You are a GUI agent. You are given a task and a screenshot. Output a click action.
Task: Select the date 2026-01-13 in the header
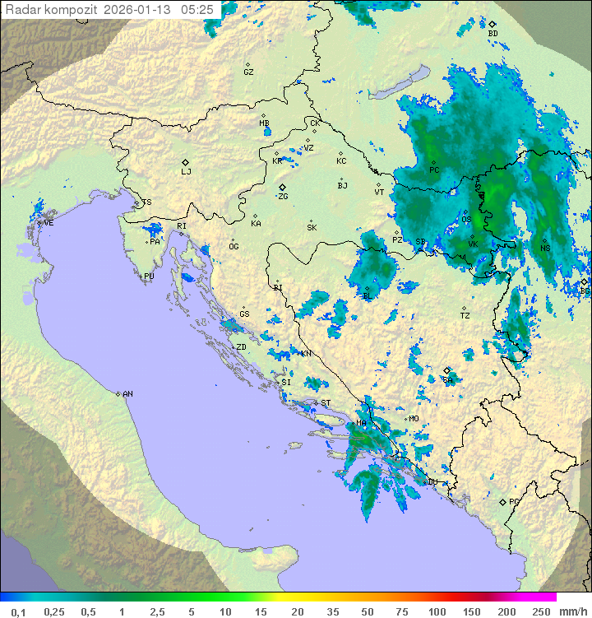[x=141, y=10]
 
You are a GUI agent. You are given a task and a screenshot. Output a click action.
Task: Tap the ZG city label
[x=283, y=197]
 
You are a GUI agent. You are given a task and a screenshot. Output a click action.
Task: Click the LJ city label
[x=186, y=172]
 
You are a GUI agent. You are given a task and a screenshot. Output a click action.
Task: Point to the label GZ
[x=248, y=72]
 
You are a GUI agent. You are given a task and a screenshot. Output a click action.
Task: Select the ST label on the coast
[x=326, y=403]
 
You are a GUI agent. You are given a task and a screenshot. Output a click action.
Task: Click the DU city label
[x=432, y=482]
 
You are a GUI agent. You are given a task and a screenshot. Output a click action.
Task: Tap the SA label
[x=448, y=380]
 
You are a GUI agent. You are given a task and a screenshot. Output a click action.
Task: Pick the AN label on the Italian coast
[x=127, y=394]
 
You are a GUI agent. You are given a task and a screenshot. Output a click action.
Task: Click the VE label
[x=49, y=223]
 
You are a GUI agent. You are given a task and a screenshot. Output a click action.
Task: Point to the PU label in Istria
[x=149, y=276]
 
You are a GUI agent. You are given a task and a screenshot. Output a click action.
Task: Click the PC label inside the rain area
[x=434, y=170]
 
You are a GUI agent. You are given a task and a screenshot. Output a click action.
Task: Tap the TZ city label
[x=465, y=315]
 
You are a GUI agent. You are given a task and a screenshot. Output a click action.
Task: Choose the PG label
[x=514, y=502]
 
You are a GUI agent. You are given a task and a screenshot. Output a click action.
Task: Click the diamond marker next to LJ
[x=186, y=162]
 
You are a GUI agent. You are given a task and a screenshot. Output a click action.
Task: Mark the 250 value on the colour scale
[x=541, y=611]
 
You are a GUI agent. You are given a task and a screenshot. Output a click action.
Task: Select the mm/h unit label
[x=572, y=611]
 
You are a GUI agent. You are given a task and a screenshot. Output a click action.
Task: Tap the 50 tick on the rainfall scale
[x=368, y=611]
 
